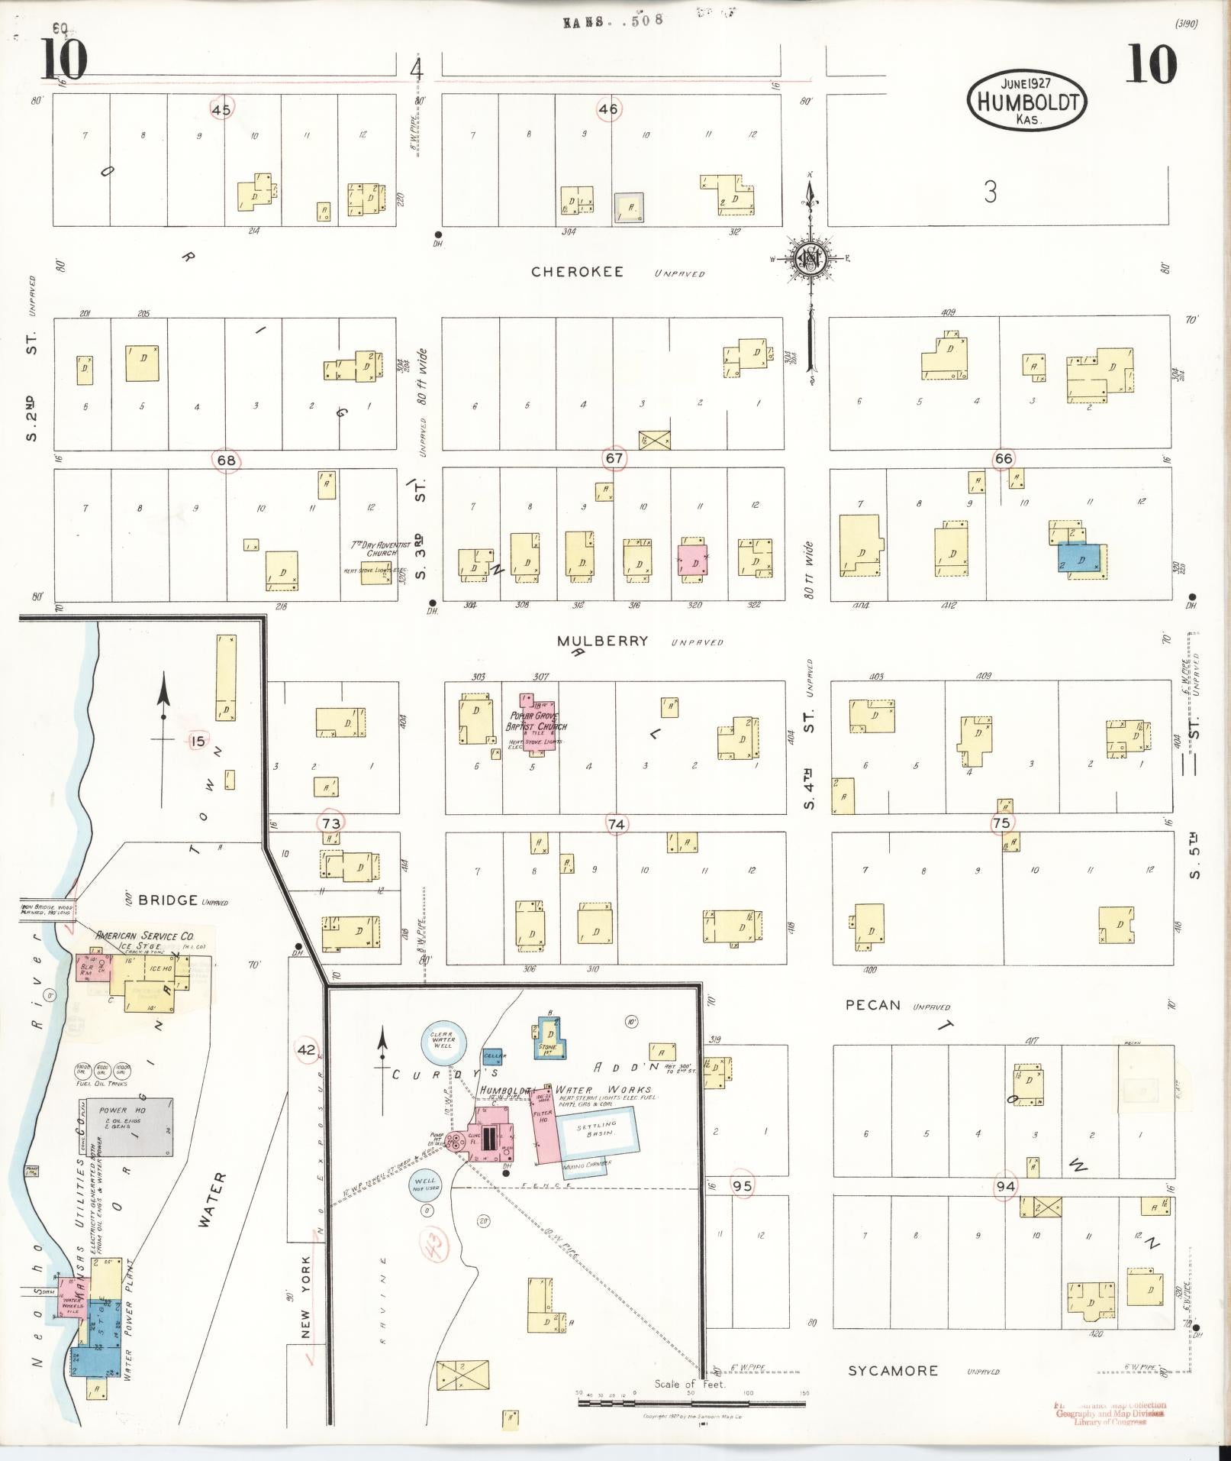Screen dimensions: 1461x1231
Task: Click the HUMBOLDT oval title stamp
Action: pos(1026,101)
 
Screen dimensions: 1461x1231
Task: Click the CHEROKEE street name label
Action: pos(577,272)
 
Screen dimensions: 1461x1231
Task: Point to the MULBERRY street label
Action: pos(602,641)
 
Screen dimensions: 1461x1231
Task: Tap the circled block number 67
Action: pos(614,459)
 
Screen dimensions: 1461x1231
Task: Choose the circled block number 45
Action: pos(221,110)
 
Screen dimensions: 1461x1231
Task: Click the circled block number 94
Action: pos(1005,1186)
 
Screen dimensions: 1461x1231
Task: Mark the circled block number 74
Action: pos(616,824)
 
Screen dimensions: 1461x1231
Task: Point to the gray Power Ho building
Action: pos(128,1127)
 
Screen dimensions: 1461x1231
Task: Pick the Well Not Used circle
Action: pos(426,1185)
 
